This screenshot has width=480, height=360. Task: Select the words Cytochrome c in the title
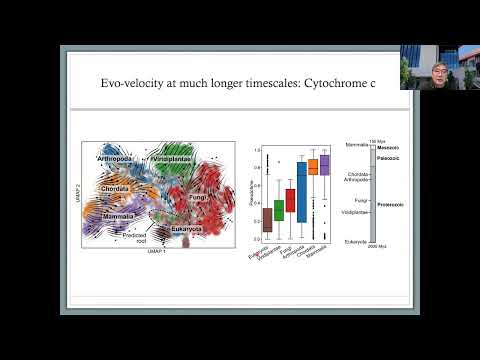[339, 86]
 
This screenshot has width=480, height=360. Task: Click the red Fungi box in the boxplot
[290, 200]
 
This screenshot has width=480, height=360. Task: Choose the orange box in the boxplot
[313, 167]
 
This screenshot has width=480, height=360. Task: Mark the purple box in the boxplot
[324, 165]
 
